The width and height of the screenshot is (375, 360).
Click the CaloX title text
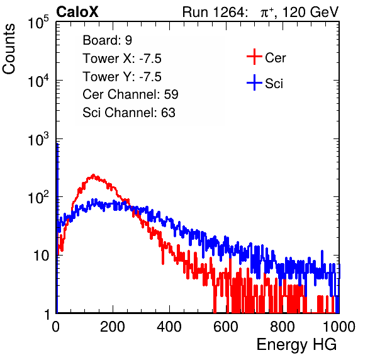point(77,12)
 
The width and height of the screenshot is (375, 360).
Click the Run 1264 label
point(213,12)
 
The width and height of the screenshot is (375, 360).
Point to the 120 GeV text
point(310,12)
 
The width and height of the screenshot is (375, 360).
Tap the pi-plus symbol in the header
point(267,13)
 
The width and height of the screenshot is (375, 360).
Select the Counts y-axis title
point(9,49)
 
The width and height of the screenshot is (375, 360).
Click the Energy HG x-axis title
point(296,345)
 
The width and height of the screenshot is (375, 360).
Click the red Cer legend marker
point(254,57)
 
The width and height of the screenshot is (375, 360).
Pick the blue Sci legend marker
point(254,83)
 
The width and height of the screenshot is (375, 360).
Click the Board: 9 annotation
point(108,40)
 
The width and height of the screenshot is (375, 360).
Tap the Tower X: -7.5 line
point(122,59)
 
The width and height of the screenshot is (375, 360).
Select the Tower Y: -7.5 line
point(122,77)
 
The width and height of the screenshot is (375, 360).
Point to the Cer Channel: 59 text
point(130,94)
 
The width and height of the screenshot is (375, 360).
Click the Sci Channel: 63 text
point(129,113)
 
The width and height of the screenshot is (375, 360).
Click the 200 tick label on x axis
point(113,327)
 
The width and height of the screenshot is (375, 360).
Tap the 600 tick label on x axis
point(226,327)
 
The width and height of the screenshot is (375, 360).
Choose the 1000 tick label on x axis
point(339,327)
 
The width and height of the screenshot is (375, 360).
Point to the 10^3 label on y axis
point(38,139)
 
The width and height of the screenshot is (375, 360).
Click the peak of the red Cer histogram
point(94,175)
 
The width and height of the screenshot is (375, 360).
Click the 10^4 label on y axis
point(38,81)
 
